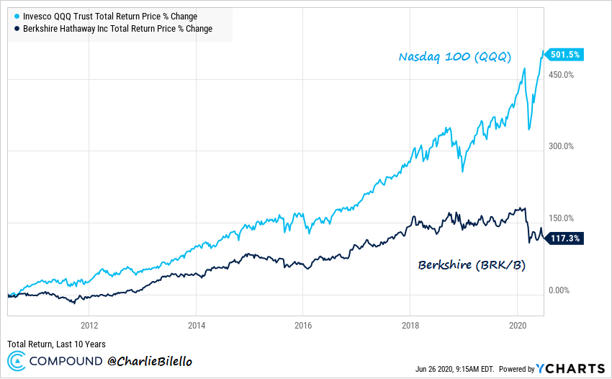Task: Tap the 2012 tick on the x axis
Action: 89,325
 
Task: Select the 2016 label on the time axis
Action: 303,325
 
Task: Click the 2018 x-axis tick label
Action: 410,325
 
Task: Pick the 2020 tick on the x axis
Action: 518,325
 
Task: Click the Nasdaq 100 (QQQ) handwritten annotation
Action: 456,57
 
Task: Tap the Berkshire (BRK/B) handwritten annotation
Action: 472,265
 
